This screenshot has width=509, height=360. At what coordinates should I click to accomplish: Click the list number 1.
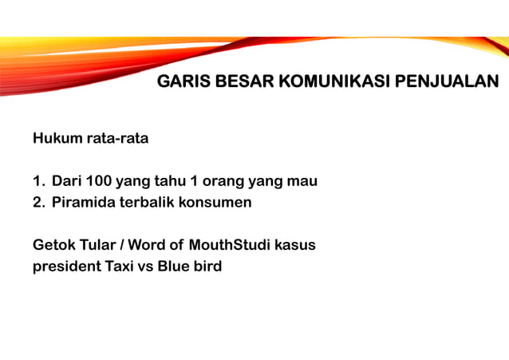[x=37, y=181]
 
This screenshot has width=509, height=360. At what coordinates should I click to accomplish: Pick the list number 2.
[x=37, y=203]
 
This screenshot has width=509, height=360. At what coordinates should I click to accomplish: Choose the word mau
[x=302, y=181]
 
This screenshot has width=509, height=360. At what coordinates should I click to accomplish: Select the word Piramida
[x=83, y=203]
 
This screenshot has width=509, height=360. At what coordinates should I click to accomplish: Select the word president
[x=66, y=267]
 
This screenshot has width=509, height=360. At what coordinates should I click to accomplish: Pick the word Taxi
[x=120, y=267]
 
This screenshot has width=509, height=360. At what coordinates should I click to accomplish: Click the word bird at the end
[x=207, y=267]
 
